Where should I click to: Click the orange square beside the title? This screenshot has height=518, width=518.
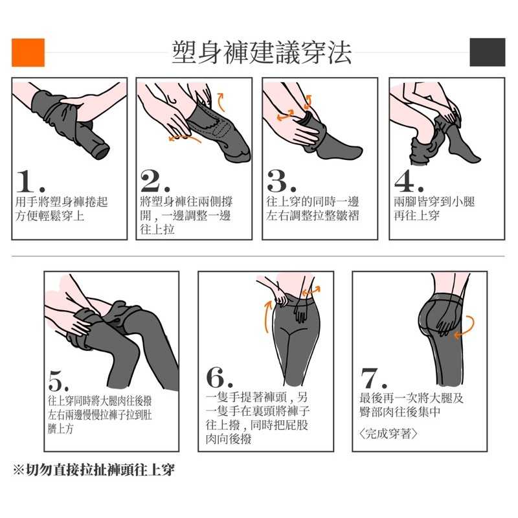(x=28, y=52)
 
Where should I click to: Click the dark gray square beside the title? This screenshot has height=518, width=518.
(x=488, y=52)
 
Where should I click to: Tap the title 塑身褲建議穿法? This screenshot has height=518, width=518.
(x=262, y=52)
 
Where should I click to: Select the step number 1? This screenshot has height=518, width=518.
(x=27, y=181)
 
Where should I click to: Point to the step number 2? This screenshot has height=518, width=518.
(x=152, y=181)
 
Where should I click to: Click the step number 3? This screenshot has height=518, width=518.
(x=278, y=181)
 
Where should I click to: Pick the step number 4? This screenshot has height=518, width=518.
(x=405, y=181)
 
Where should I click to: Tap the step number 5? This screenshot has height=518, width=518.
(x=55, y=381)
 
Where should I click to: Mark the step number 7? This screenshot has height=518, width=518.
(x=369, y=378)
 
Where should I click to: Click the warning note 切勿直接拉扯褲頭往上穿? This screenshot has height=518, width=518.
(x=100, y=470)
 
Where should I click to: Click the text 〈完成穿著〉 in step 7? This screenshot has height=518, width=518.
(x=388, y=433)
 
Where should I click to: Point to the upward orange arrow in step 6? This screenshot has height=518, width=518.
(x=267, y=316)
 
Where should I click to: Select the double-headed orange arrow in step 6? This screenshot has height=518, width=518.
(x=311, y=291)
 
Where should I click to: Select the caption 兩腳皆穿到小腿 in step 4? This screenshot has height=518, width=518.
(x=434, y=201)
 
